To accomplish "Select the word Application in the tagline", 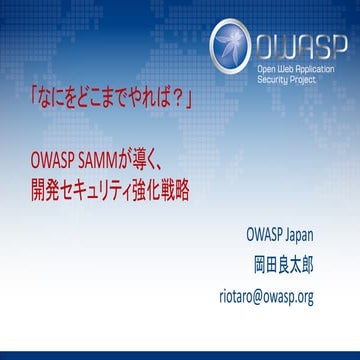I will click(x=321, y=72).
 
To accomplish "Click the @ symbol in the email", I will click(x=270, y=296).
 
